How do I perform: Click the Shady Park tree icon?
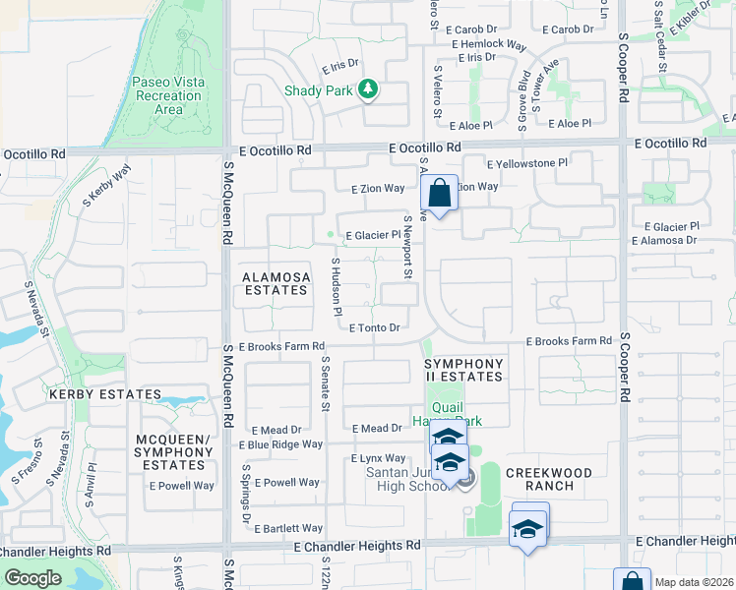coord(368,90)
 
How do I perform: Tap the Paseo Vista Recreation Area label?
coord(168,96)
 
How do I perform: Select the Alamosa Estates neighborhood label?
coord(276,283)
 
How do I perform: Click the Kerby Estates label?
coord(104,394)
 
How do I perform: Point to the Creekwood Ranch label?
coord(549,480)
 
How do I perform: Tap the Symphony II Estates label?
coord(463,370)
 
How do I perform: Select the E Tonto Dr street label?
coord(375,328)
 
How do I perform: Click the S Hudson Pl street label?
coord(336,286)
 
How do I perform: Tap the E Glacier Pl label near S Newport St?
coord(373,235)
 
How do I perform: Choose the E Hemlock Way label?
coord(491,44)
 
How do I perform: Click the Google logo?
coord(33,578)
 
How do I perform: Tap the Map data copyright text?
coord(695,582)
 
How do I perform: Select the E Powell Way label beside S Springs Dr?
coord(291,483)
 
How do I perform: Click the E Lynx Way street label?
coord(379,458)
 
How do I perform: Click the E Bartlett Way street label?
coord(288,528)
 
